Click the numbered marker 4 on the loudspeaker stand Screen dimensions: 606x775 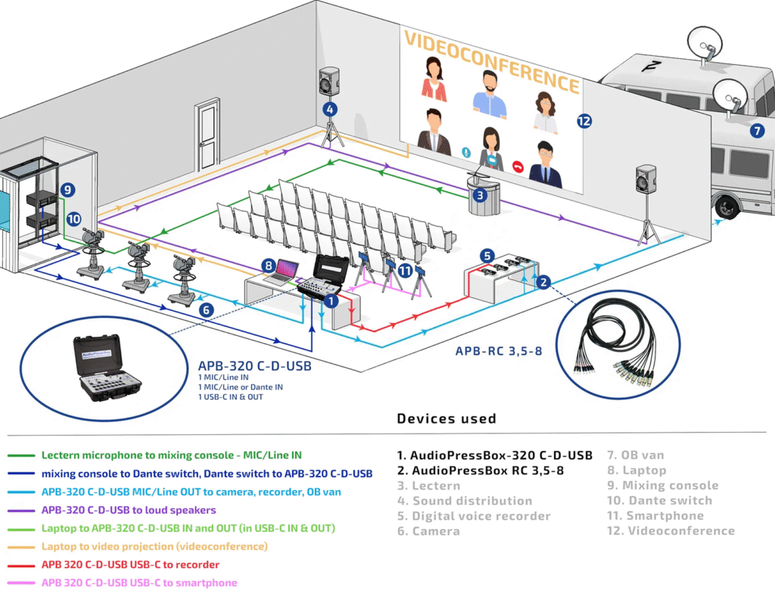pyautogui.click(x=329, y=109)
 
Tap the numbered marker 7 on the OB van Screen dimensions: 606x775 pyautogui.click(x=756, y=130)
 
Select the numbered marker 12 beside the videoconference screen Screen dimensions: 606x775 pyautogui.click(x=584, y=120)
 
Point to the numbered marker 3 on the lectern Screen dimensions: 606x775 pyautogui.click(x=479, y=195)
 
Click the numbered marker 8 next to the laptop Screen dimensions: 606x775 pyautogui.click(x=268, y=266)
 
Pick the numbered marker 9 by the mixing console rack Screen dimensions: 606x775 pyautogui.click(x=67, y=190)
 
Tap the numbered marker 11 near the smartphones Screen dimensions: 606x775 pyautogui.click(x=406, y=270)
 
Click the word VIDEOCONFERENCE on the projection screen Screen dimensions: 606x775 pyautogui.click(x=492, y=61)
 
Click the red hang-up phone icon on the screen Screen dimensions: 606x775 pyautogui.click(x=518, y=165)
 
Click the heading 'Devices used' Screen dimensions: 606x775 pyautogui.click(x=447, y=418)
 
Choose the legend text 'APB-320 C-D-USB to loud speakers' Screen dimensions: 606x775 pyautogui.click(x=129, y=510)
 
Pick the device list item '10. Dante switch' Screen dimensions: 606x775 pyautogui.click(x=659, y=501)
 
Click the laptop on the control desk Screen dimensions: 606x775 pyautogui.click(x=286, y=270)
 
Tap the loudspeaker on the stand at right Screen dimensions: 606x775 pyautogui.click(x=646, y=179)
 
